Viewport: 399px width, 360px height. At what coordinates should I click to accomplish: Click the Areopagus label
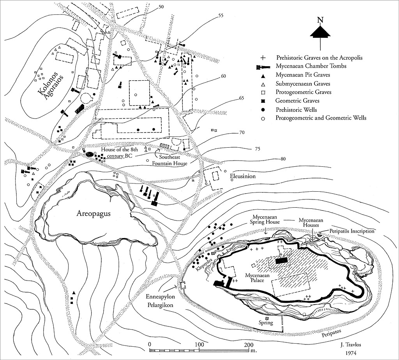tap(94, 214)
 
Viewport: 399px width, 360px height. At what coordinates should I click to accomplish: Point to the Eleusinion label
tap(243, 176)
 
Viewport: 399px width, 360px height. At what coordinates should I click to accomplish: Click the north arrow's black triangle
tap(320, 32)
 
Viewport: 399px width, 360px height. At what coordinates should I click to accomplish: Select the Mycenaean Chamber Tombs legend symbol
tap(263, 67)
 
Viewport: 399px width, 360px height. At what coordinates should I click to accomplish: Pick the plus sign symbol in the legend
tap(263, 58)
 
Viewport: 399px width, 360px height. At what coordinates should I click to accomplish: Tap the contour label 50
tap(161, 7)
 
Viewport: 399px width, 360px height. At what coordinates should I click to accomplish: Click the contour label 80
tap(283, 159)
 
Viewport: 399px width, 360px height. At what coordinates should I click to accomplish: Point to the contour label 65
tap(241, 98)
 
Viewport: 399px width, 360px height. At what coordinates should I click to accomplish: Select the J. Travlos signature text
tap(351, 345)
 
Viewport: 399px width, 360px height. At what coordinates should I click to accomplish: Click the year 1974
tap(351, 353)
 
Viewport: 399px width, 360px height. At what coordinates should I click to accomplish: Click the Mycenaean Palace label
tap(257, 277)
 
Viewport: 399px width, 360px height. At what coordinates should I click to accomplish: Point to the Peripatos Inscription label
tap(352, 231)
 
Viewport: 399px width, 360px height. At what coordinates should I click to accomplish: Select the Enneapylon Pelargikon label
tap(160, 300)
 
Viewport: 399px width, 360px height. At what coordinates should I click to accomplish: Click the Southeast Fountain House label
tap(170, 161)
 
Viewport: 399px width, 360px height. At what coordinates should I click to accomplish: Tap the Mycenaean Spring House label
tap(266, 219)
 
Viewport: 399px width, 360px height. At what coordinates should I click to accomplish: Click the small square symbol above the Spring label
tap(267, 319)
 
